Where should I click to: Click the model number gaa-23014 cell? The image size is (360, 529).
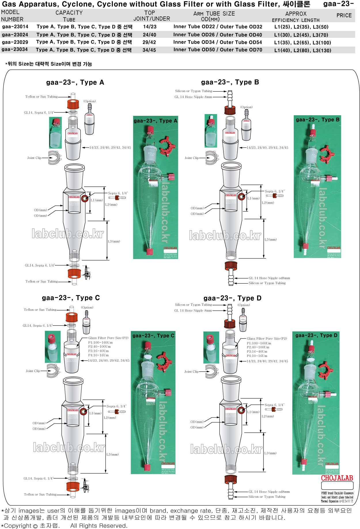(x=15, y=27)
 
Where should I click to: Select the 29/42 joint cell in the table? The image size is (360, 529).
(x=149, y=42)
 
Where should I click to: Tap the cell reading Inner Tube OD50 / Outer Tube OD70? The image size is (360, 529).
(x=218, y=50)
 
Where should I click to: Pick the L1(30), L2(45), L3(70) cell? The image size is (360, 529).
(x=301, y=35)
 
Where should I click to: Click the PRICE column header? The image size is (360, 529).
(x=344, y=16)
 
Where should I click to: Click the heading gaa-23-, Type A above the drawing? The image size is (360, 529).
(x=75, y=82)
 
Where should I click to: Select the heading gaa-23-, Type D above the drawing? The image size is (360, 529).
(x=232, y=298)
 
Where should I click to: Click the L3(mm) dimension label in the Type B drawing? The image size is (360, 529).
(x=270, y=239)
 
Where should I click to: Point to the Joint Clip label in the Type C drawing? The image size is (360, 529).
(x=33, y=371)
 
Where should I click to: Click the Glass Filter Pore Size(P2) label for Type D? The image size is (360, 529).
(x=267, y=339)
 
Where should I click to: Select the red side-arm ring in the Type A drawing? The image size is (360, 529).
(x=85, y=199)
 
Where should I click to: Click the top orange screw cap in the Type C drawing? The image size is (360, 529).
(x=72, y=317)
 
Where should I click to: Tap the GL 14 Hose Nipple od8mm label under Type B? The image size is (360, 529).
(x=269, y=278)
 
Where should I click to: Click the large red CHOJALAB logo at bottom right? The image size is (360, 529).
(x=337, y=478)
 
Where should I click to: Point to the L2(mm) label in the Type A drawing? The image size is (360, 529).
(x=111, y=205)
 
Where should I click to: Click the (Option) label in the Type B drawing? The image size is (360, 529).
(x=246, y=107)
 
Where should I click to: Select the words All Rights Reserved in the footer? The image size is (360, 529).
(x=98, y=526)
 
